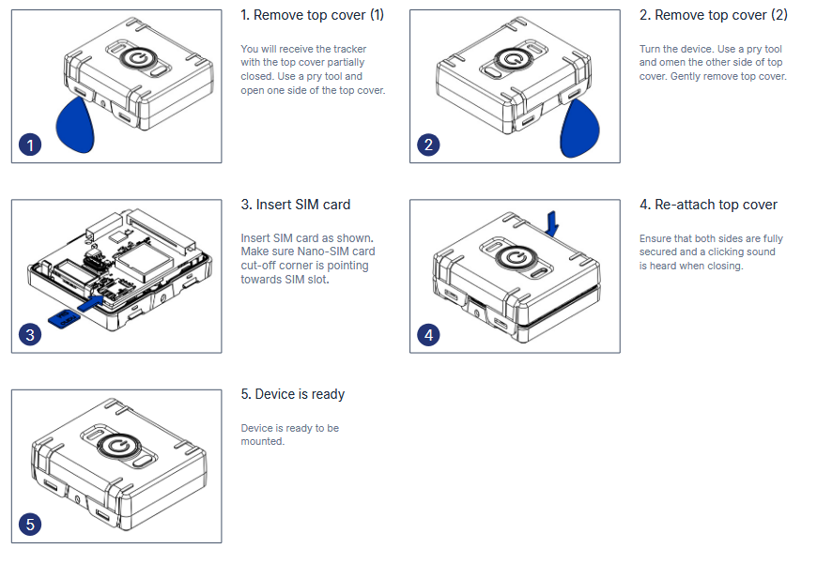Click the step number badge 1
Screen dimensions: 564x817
tap(31, 145)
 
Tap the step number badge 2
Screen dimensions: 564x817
tap(429, 145)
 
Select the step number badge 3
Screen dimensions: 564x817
tap(31, 335)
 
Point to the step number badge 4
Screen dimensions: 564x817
tap(429, 335)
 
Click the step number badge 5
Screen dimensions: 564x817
tap(31, 525)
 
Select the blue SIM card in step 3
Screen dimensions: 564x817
tap(62, 319)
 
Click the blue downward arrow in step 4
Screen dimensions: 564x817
tap(554, 221)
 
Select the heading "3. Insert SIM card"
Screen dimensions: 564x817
tap(295, 205)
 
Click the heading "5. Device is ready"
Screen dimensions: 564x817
tap(292, 394)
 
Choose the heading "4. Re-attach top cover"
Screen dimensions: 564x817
tap(708, 205)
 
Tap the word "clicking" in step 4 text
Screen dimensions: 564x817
tap(721, 252)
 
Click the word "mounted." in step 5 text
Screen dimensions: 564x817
tap(262, 441)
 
